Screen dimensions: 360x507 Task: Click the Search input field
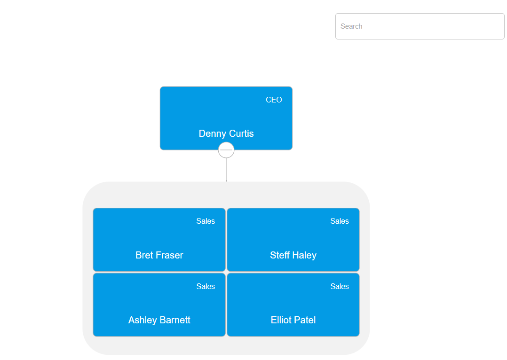point(420,26)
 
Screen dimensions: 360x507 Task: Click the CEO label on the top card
point(274,100)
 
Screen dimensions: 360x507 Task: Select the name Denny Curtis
point(226,133)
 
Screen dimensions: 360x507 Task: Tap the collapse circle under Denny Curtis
point(226,150)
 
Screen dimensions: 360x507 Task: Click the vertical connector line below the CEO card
point(226,170)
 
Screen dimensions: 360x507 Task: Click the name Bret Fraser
point(159,255)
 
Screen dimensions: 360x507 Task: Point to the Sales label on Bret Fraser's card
point(206,221)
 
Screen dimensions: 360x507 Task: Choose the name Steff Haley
point(293,255)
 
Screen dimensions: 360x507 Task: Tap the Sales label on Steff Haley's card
point(340,221)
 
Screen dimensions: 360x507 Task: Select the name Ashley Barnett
point(159,320)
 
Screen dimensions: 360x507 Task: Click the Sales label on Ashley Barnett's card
point(206,286)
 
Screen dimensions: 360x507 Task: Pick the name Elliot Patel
point(293,320)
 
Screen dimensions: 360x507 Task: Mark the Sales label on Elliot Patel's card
point(340,286)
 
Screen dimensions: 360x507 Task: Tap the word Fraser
point(169,255)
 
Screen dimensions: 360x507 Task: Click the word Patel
point(305,320)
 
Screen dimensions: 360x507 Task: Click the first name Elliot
point(281,320)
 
